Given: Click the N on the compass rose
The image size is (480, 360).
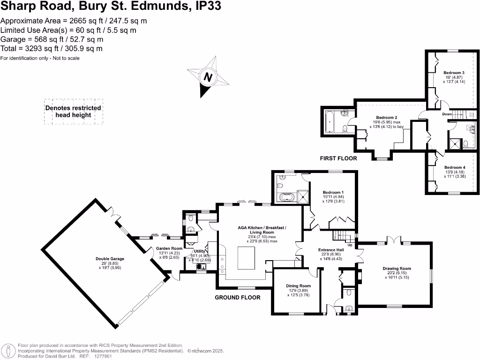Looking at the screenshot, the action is (208, 77).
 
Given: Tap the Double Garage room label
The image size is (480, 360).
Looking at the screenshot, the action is (110, 259).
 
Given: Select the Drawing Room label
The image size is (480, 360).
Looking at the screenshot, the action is (397, 269).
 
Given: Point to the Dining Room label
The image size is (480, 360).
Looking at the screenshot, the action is (298, 286).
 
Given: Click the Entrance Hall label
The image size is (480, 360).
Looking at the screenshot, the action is (331, 250).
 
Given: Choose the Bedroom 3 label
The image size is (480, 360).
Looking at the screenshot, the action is (454, 73).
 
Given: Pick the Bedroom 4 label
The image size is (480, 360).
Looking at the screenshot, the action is (455, 167).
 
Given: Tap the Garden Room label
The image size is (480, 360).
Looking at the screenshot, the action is (169, 248).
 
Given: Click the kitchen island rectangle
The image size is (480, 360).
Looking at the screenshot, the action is (246, 258).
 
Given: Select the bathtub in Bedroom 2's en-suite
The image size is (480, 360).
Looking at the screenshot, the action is (330, 122).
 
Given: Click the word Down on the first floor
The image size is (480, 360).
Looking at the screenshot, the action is (447, 114).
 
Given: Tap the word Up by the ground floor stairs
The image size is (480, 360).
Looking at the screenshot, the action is (350, 245).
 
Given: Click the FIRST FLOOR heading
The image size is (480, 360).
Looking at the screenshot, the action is (338, 158).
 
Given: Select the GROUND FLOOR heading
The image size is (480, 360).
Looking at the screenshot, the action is (238, 298).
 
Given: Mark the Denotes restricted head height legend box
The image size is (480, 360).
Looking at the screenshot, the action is (74, 112).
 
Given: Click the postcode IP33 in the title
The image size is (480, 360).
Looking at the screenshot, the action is (208, 6).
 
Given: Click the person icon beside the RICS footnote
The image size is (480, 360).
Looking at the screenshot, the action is (8, 351).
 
